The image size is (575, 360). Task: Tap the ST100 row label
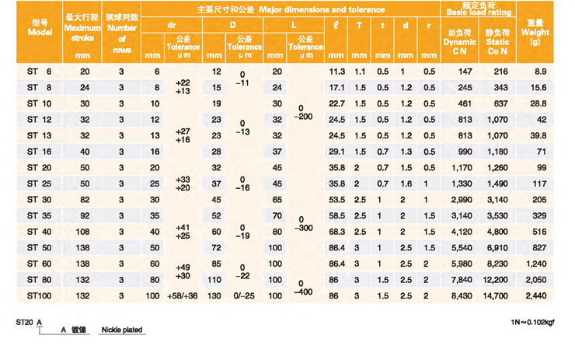point(38,296)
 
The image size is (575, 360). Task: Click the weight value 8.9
point(535,72)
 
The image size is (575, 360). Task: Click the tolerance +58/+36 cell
point(183,296)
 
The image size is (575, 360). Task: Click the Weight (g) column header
point(535,32)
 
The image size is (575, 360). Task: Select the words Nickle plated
point(122,330)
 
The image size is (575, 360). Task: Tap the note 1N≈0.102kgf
point(534,320)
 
